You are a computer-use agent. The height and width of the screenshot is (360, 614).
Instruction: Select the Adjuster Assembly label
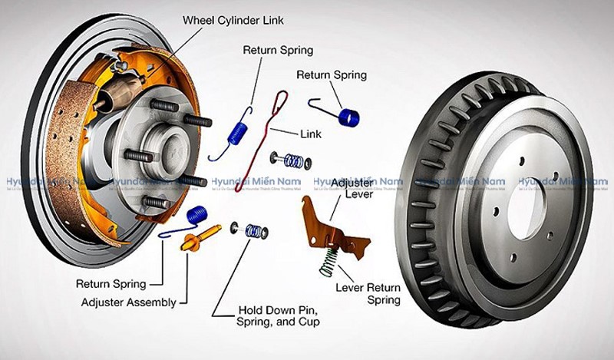(128, 302)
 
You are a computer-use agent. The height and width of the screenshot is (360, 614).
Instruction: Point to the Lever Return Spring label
(368, 295)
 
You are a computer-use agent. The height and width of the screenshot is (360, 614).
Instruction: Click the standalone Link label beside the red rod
(312, 133)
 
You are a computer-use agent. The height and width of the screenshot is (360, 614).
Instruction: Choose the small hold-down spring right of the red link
(292, 160)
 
